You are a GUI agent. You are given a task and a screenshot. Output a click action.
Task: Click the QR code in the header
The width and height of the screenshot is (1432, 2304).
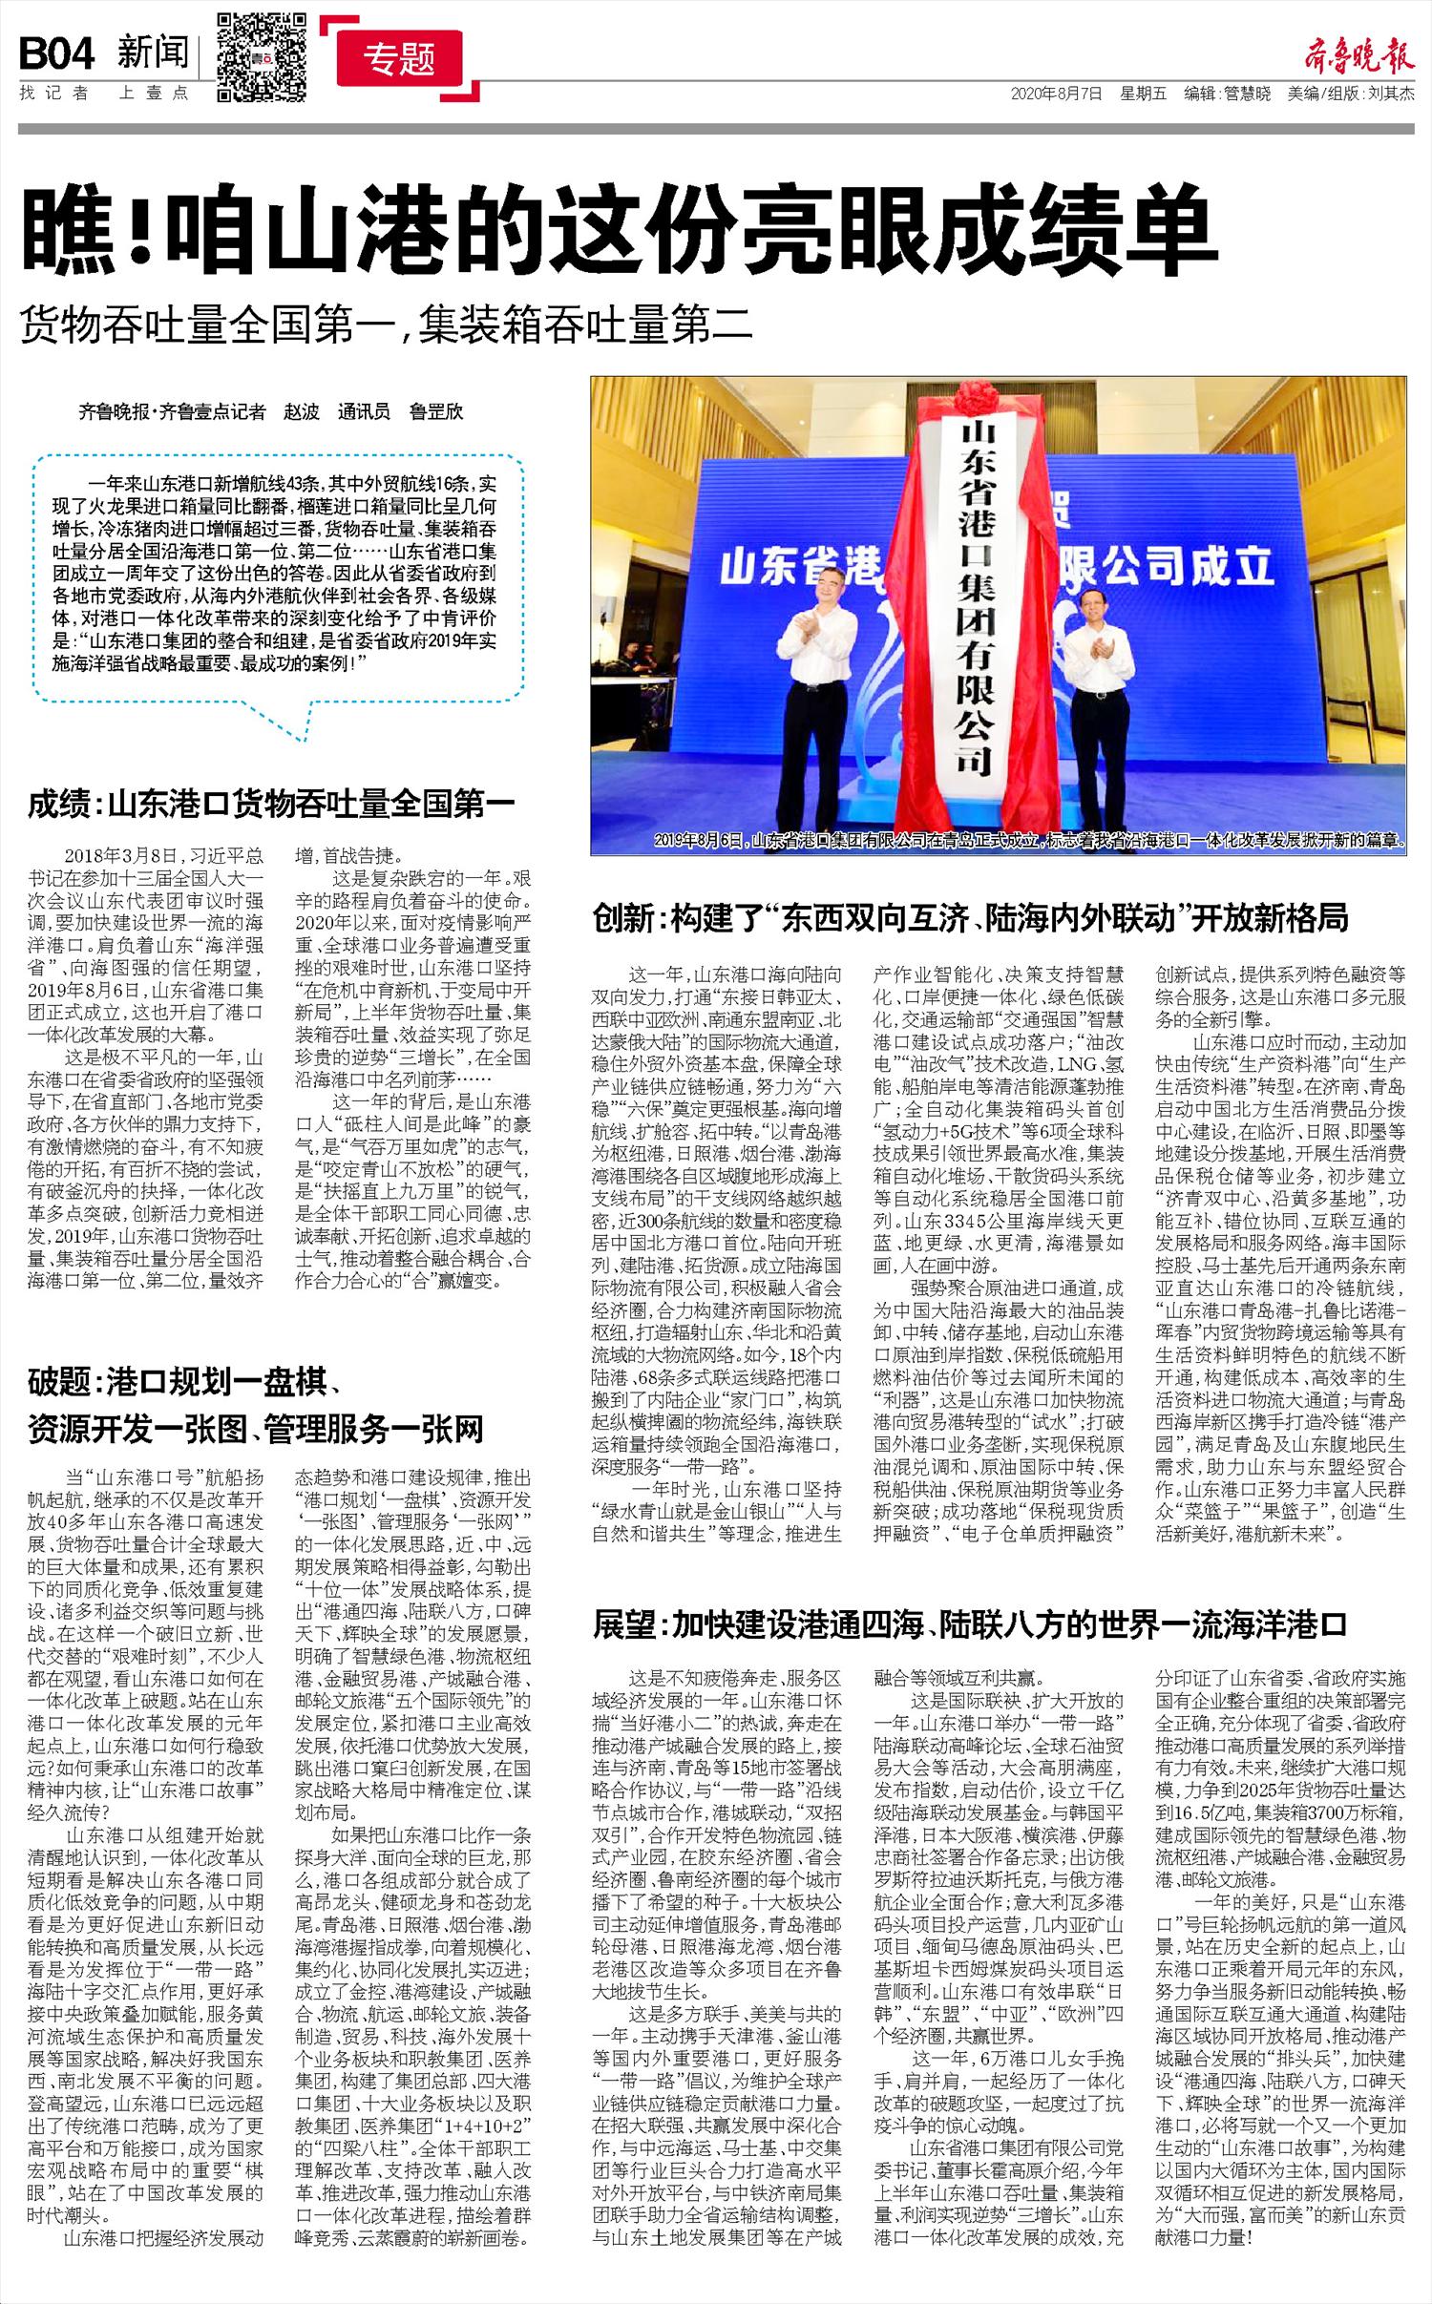pyautogui.click(x=262, y=55)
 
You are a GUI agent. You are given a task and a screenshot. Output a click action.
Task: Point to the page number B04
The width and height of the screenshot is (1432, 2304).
pyautogui.click(x=57, y=55)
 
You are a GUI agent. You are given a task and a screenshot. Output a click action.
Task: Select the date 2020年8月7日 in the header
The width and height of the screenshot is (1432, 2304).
pyautogui.click(x=1057, y=94)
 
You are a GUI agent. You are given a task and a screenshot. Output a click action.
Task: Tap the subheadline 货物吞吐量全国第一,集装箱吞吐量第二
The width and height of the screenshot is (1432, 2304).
pyautogui.click(x=387, y=325)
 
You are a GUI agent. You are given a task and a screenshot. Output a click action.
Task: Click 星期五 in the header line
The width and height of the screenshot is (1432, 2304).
pyautogui.click(x=1144, y=94)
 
